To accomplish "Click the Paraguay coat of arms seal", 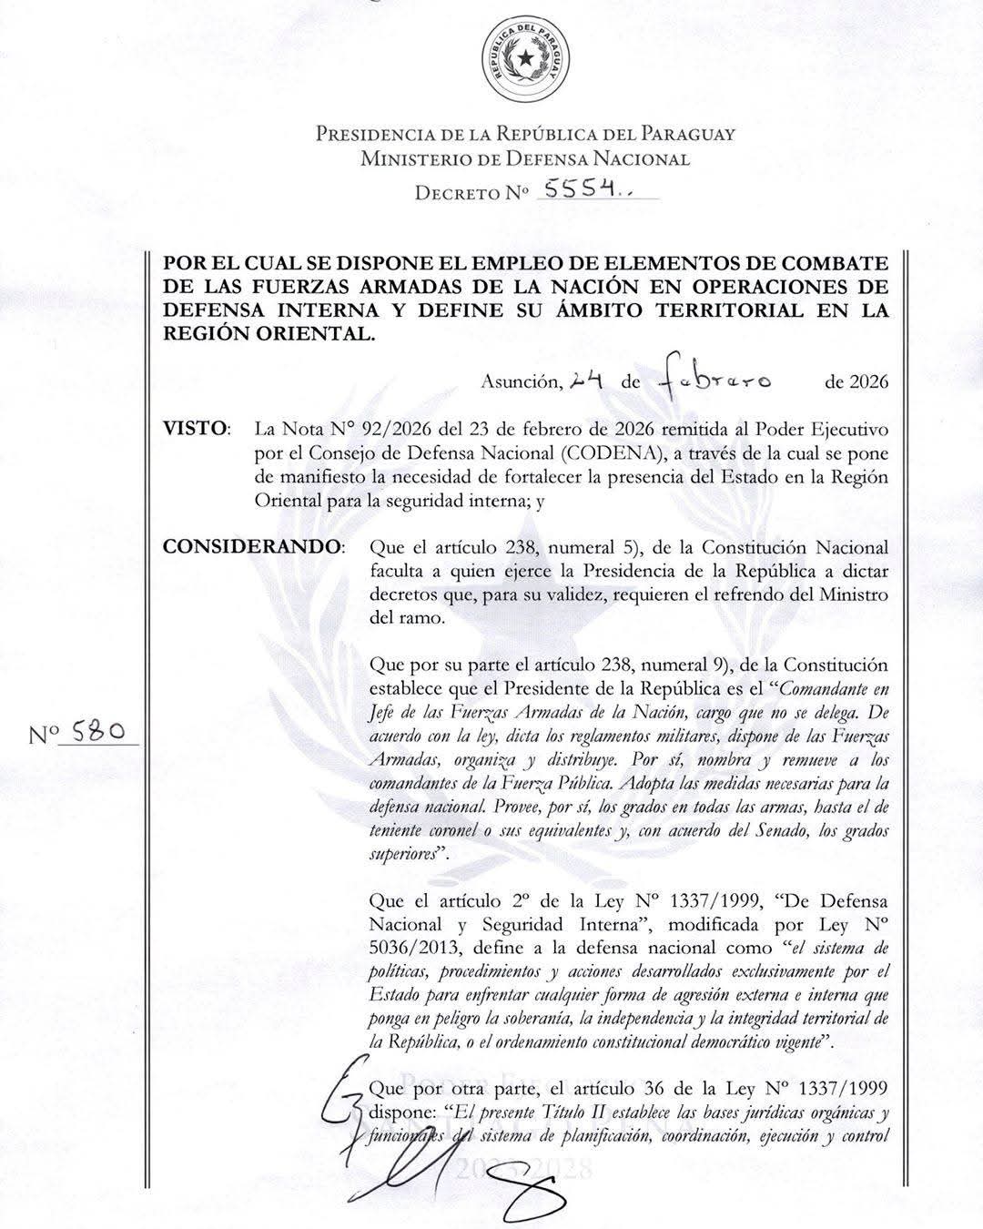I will (x=526, y=60).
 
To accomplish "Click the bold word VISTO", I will (x=195, y=428).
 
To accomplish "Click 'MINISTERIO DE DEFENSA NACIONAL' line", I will (x=525, y=159).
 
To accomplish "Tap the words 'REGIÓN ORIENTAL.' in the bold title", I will (x=268, y=333).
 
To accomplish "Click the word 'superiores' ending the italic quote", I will (x=403, y=854).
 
